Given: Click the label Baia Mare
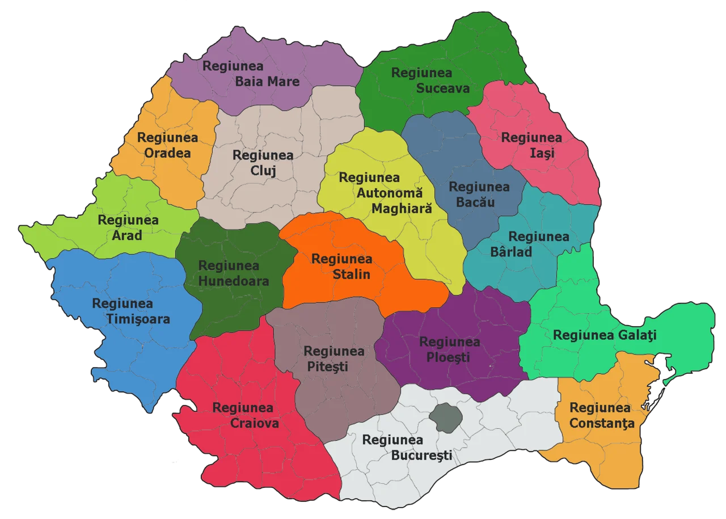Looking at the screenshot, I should pyautogui.click(x=267, y=82).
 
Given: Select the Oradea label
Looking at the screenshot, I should pyautogui.click(x=167, y=153).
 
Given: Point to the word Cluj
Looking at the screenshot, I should pyautogui.click(x=263, y=170).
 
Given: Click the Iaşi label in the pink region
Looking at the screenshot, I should pyautogui.click(x=531, y=153).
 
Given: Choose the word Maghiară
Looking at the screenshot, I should pyautogui.click(x=402, y=209).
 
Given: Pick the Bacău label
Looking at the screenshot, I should pyautogui.click(x=479, y=202).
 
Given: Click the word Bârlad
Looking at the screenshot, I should pyautogui.click(x=511, y=251).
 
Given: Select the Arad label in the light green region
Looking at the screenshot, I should pyautogui.click(x=127, y=235).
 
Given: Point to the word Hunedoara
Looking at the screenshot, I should pyautogui.click(x=234, y=280).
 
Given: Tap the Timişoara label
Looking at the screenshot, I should pyautogui.click(x=138, y=319).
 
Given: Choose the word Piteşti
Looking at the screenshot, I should pyautogui.click(x=328, y=366).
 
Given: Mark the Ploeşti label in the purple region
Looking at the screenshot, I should pyautogui.click(x=449, y=357).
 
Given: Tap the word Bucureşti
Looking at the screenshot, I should pyautogui.click(x=421, y=455).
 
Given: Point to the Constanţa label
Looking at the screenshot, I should pyautogui.click(x=602, y=423).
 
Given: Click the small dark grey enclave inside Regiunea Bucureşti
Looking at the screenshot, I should pyautogui.click(x=445, y=418).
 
